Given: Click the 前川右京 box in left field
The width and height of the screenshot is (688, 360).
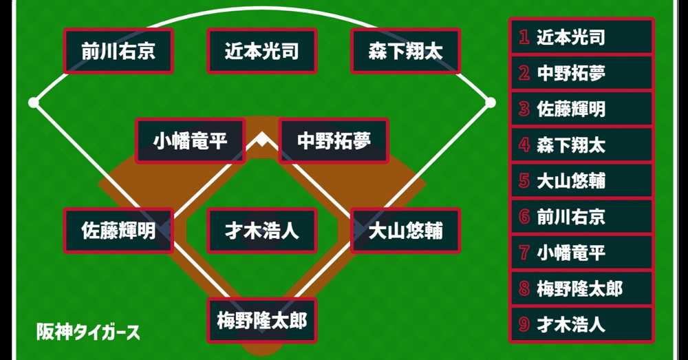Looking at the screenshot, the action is [x=118, y=51].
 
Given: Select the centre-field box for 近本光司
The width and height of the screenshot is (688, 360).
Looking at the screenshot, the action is [x=261, y=51].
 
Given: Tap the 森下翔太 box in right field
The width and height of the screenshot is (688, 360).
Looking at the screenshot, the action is [x=405, y=51].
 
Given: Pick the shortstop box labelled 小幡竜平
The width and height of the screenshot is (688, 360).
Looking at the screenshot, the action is [x=190, y=141].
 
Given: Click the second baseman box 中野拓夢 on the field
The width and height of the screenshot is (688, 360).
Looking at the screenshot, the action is [x=334, y=141].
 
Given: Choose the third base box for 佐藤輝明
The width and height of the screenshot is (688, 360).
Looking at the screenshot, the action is [x=118, y=231].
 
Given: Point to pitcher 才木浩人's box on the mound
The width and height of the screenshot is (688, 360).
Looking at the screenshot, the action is [x=261, y=231].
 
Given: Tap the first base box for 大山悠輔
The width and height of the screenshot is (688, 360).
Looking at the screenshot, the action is [x=405, y=231].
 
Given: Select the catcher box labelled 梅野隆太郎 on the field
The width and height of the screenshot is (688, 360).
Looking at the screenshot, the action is [x=261, y=320].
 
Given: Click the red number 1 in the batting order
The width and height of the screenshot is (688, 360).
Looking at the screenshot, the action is [x=524, y=37].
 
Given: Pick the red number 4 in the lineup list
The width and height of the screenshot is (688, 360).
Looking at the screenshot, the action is [x=524, y=145].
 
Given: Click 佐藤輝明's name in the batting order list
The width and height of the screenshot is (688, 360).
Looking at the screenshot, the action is [x=571, y=109].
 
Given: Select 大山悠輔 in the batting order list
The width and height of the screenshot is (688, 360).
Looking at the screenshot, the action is [x=571, y=181].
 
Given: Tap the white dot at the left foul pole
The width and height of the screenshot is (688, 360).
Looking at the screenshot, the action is [x=33, y=103].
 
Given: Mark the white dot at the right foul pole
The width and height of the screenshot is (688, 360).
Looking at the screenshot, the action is [x=490, y=103].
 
